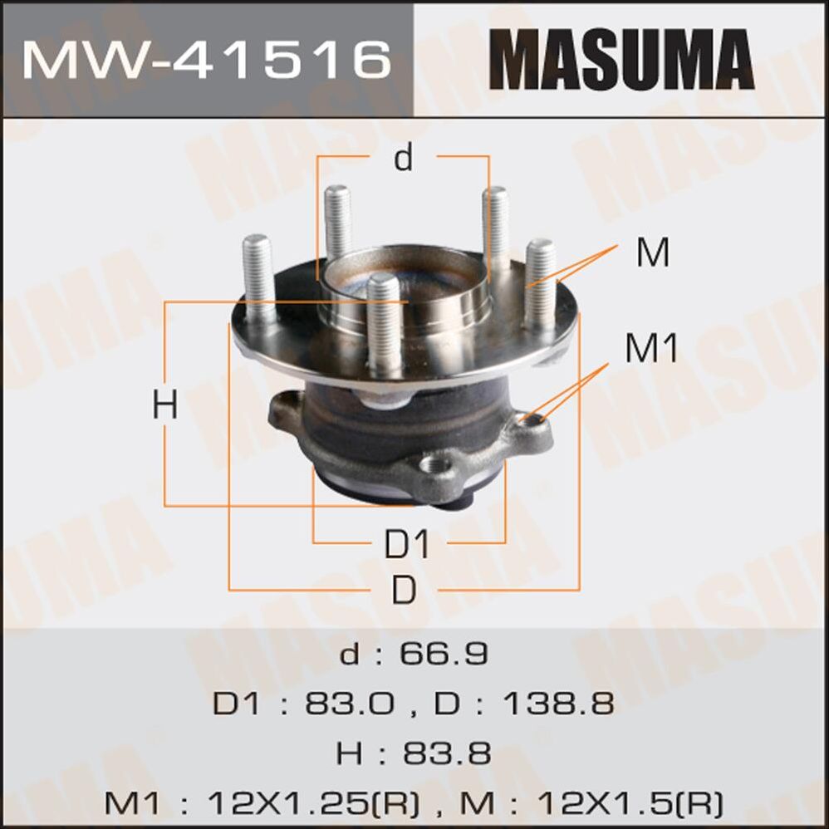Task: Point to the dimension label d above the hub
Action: pos(404,157)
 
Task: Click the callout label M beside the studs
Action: pos(653,253)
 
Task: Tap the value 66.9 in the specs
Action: pos(447,654)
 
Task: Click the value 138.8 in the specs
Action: pos(557,704)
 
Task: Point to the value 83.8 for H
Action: pos(447,753)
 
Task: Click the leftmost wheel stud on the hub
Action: pos(258,274)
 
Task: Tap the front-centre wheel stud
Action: pos(383,324)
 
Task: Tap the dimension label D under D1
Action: pos(404,590)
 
